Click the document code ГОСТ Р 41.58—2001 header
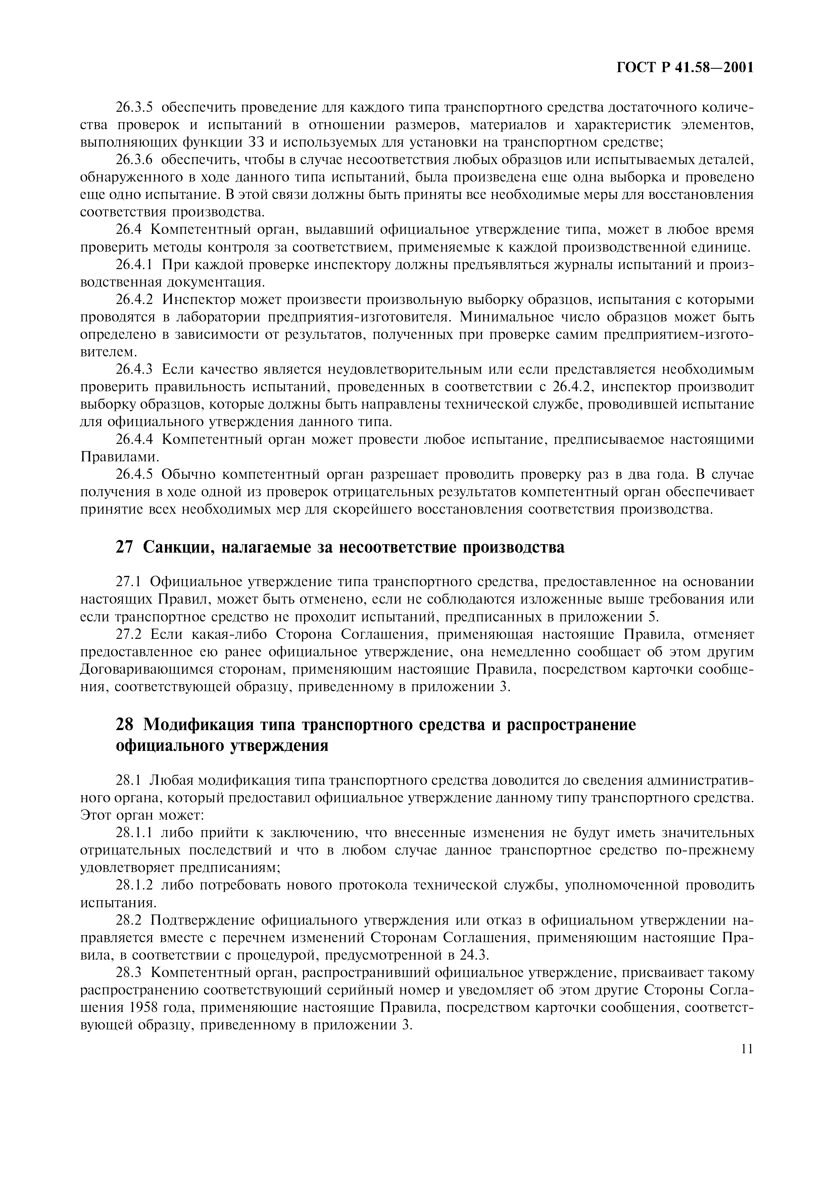684,68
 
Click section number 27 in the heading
125,548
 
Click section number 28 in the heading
125,725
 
